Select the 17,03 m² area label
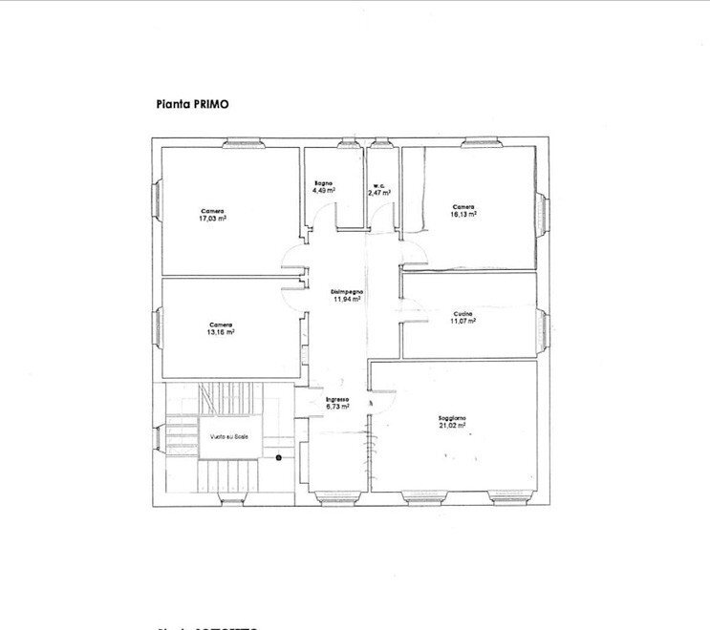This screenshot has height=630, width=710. pyautogui.click(x=212, y=219)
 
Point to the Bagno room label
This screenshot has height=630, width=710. pyautogui.click(x=322, y=183)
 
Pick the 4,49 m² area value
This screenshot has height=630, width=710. pyautogui.click(x=323, y=190)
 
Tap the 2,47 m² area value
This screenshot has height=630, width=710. pyautogui.click(x=380, y=194)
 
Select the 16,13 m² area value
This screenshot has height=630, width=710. pyautogui.click(x=463, y=214)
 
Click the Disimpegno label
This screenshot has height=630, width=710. pyautogui.click(x=347, y=291)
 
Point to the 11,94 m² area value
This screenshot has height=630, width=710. pyautogui.click(x=347, y=299)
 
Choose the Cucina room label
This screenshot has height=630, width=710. pyautogui.click(x=463, y=314)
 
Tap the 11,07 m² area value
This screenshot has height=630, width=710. pyautogui.click(x=463, y=321)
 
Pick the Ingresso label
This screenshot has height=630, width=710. pyautogui.click(x=337, y=399)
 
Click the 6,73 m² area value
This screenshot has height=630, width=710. pyautogui.click(x=337, y=407)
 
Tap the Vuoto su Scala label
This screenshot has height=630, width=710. pyautogui.click(x=229, y=437)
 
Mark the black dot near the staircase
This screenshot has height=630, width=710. pyautogui.click(x=279, y=457)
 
